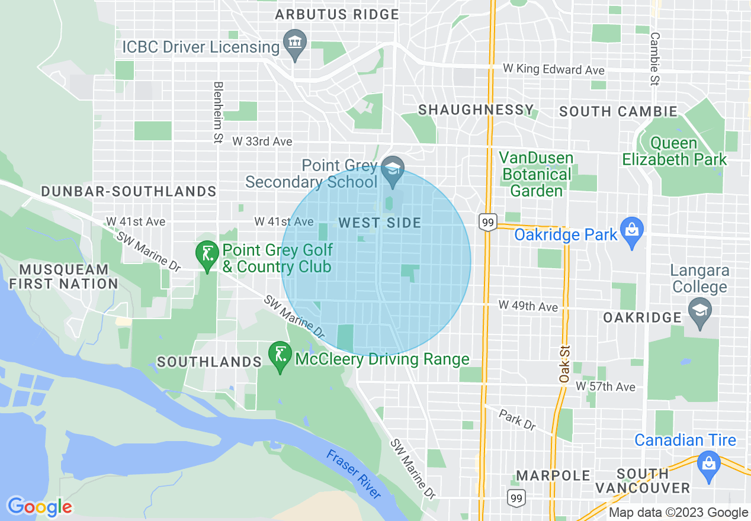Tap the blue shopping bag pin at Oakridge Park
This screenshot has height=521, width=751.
(632, 231)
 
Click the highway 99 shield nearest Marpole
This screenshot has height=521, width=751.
(516, 497)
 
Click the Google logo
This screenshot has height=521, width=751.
(40, 507)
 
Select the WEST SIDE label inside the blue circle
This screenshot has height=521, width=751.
(380, 223)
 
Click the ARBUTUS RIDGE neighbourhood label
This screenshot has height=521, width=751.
(336, 14)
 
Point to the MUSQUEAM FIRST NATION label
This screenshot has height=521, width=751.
(63, 276)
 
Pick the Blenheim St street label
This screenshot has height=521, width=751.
(218, 112)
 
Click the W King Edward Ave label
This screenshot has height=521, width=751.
(554, 69)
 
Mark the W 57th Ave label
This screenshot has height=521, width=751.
(605, 387)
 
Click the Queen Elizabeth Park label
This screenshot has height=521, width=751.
(674, 152)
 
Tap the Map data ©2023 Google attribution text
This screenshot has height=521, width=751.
(678, 513)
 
